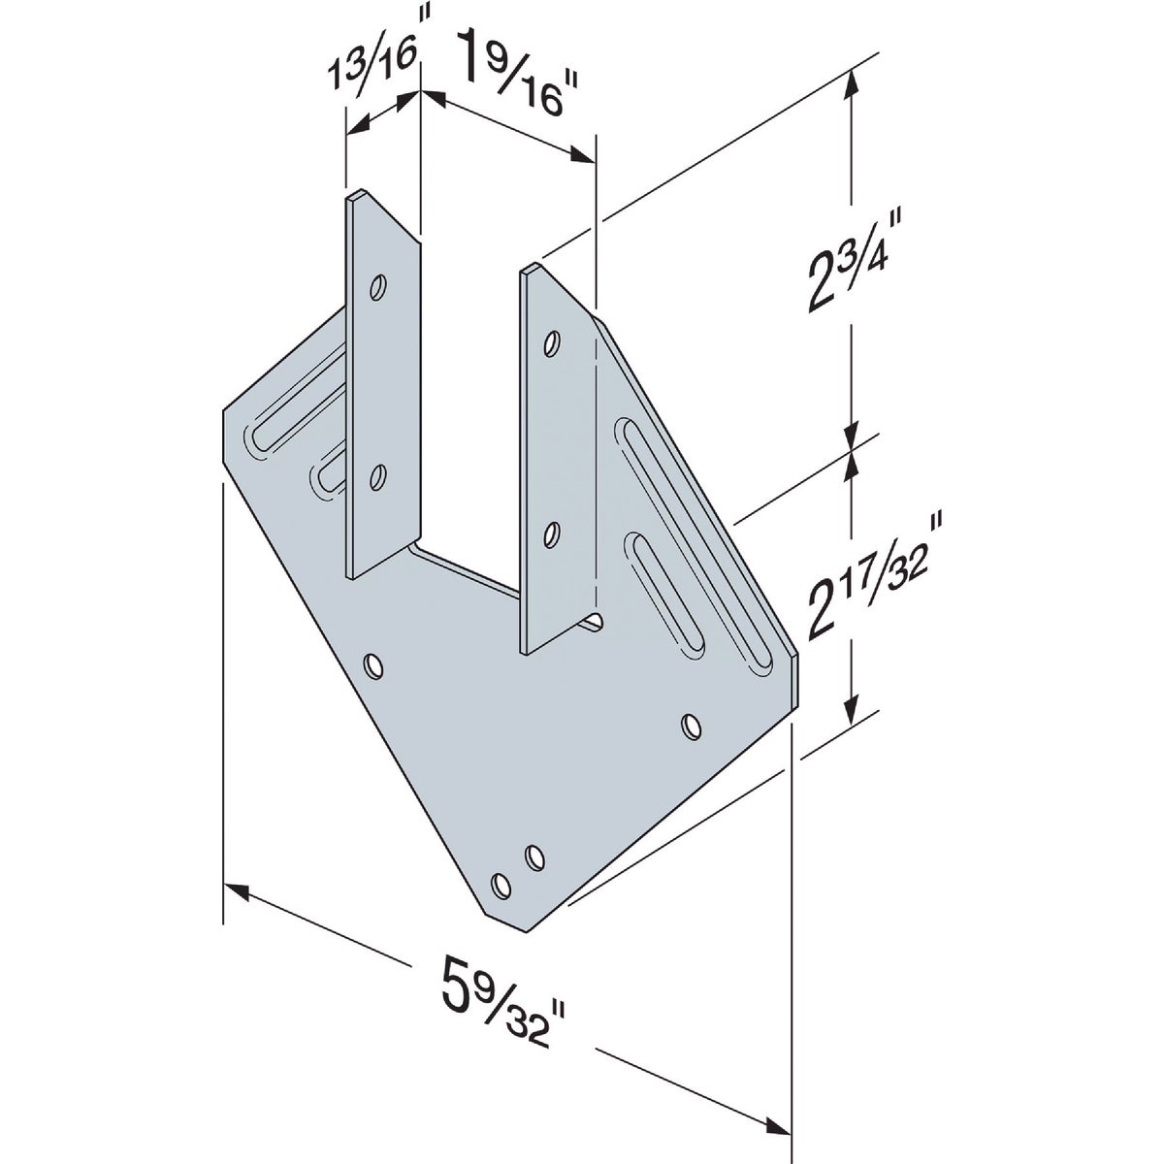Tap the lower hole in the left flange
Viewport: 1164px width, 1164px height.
(378, 475)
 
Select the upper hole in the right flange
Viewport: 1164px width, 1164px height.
(552, 342)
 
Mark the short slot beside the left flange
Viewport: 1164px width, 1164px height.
(329, 469)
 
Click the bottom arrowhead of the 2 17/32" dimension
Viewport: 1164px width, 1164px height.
(852, 710)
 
